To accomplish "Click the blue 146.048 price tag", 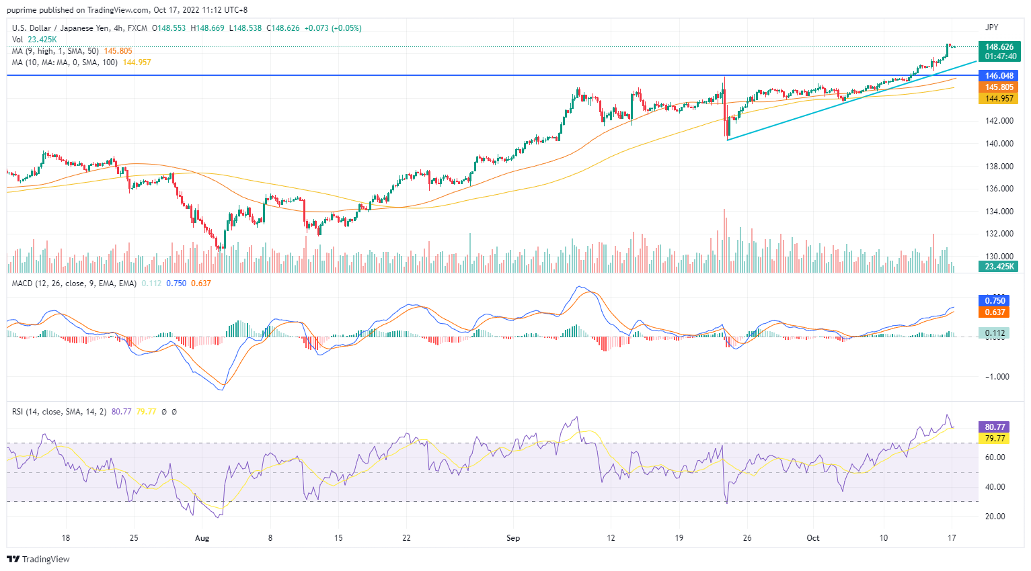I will coord(999,76).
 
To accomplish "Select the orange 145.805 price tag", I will coord(999,87).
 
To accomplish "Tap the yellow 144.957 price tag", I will coord(999,99).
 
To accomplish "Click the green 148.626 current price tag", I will coord(999,47).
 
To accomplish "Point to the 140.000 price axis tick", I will coord(999,144).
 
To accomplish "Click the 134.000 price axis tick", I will coord(999,212).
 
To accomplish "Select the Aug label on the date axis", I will coord(202,538).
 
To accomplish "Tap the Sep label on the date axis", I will coord(513,538).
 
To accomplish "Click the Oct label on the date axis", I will coord(813,538).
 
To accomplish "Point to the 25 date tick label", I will coord(134,538).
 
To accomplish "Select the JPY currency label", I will coord(991,28).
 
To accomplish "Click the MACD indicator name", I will coord(22,283).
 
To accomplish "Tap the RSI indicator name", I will coord(17,412).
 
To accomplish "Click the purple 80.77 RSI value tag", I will coord(995,427).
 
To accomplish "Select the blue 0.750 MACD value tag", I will coord(995,301).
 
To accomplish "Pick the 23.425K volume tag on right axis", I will coord(999,267).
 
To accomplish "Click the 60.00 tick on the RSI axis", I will coord(995,457).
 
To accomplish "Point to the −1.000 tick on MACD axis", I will coord(997,377).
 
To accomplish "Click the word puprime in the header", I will coord(22,10).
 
